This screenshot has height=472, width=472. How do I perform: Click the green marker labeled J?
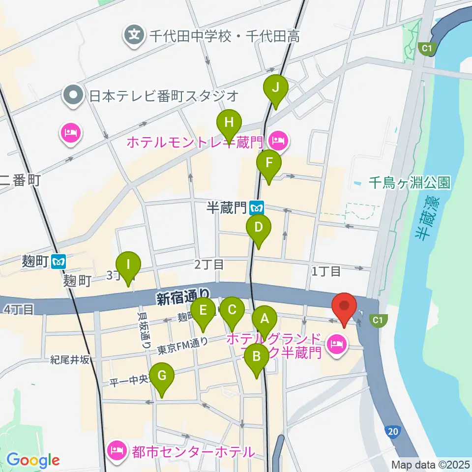(276, 88)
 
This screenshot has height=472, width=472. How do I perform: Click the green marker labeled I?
(129, 265)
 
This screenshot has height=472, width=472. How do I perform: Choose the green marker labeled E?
(202, 311)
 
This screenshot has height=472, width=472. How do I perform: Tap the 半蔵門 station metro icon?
(256, 208)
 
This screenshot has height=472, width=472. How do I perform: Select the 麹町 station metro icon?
(59, 262)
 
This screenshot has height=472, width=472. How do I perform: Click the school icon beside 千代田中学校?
(133, 35)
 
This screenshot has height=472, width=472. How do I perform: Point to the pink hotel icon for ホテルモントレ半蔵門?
(279, 142)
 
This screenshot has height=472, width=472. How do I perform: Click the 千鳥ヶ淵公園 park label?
(410, 183)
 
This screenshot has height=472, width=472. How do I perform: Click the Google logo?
(33, 460)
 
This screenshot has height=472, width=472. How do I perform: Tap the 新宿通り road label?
(183, 297)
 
